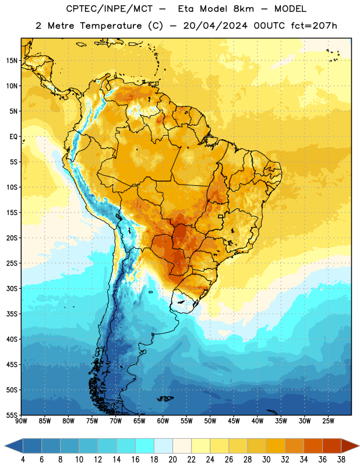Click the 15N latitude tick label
(x=12, y=61)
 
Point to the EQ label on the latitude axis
(x=13, y=137)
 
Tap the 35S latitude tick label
(x=12, y=314)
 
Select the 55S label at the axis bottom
(x=12, y=415)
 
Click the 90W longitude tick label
(x=21, y=421)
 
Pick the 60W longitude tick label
(x=163, y=421)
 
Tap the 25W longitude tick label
(x=328, y=421)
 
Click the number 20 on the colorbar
(x=172, y=460)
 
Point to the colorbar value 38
(x=341, y=460)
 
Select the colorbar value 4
(x=23, y=460)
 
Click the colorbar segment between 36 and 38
(x=332, y=446)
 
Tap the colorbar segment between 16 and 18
(x=144, y=446)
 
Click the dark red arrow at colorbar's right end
(x=350, y=446)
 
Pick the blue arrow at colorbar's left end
(x=14, y=446)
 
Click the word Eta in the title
(x=186, y=9)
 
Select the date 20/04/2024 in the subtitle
(x=215, y=26)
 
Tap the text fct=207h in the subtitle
(x=314, y=26)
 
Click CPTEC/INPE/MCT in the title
(x=109, y=9)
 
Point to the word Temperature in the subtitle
(x=111, y=26)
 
